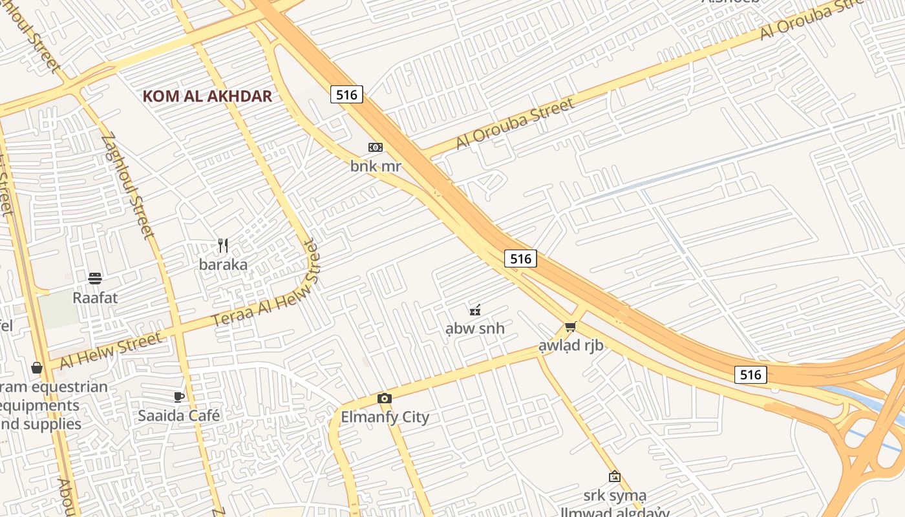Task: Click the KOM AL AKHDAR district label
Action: point(207,96)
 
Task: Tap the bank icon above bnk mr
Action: point(376,147)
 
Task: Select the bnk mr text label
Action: point(376,166)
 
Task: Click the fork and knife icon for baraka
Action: point(223,246)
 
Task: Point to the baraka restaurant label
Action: point(223,264)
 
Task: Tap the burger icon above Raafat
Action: point(95,279)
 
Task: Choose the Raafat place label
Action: point(95,298)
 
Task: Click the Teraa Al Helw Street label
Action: point(266,284)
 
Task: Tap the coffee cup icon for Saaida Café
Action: point(179,397)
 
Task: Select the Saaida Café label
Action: point(179,416)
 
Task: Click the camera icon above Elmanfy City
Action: point(385,398)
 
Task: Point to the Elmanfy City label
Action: point(385,417)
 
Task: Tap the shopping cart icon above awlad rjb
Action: point(570,327)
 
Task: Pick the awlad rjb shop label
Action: point(571,345)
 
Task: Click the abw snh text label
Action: point(475,328)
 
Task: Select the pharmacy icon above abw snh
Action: point(475,310)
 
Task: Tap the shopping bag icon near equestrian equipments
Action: point(36,368)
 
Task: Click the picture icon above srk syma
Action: point(615,476)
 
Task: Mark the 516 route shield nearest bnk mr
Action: point(346,94)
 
